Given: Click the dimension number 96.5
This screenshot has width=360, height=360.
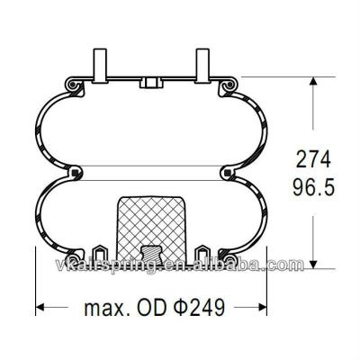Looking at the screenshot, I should pyautogui.click(x=314, y=190).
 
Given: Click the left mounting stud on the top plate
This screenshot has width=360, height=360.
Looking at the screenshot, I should pyautogui.click(x=99, y=65).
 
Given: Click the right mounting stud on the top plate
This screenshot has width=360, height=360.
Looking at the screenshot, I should pyautogui.click(x=202, y=65).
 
